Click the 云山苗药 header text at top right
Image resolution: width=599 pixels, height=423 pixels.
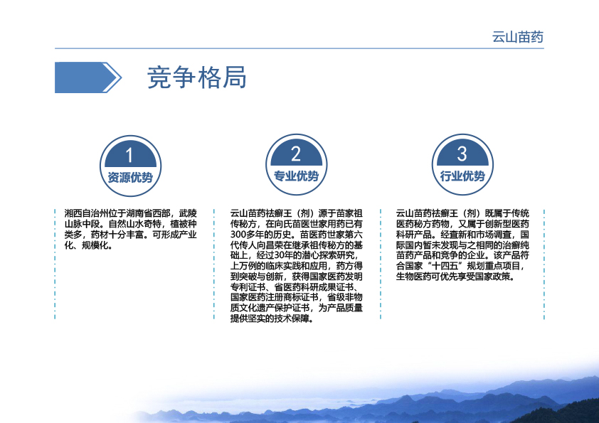coord(518,37)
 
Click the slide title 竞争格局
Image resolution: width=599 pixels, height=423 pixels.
coord(197,77)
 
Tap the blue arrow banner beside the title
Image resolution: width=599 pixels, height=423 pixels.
coord(88,77)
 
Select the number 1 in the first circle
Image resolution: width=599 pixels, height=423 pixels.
coord(129,156)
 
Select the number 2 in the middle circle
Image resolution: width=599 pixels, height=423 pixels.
coord(296,154)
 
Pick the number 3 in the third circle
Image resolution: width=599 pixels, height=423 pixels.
coord(462,154)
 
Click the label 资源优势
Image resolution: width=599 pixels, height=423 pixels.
coord(130,178)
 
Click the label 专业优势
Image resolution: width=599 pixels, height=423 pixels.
coord(296,176)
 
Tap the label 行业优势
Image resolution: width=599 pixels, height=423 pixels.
coord(462,176)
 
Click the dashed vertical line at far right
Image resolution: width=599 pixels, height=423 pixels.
coord(544,264)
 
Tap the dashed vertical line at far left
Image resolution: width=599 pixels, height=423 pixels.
coord(55,264)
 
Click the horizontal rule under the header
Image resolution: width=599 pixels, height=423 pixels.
coord(299,48)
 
